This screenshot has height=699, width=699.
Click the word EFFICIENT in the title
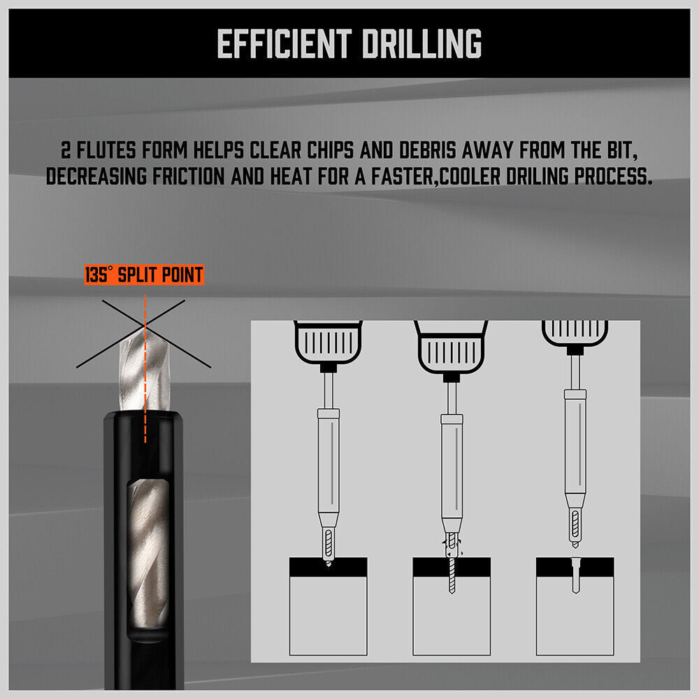click(x=284, y=43)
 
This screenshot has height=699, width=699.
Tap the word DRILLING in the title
click(x=421, y=43)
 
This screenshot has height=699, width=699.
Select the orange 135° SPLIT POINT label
click(x=145, y=275)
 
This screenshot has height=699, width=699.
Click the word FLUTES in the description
click(x=106, y=150)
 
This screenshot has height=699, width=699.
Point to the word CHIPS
click(x=331, y=150)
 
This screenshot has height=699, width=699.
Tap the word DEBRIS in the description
click(x=428, y=150)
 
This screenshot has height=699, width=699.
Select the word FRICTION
click(x=189, y=176)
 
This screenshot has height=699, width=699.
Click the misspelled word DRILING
click(x=537, y=176)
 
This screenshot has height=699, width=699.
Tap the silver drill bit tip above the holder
click(x=145, y=368)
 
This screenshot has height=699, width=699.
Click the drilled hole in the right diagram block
click(x=575, y=575)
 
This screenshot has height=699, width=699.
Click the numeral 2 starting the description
click(x=66, y=150)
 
